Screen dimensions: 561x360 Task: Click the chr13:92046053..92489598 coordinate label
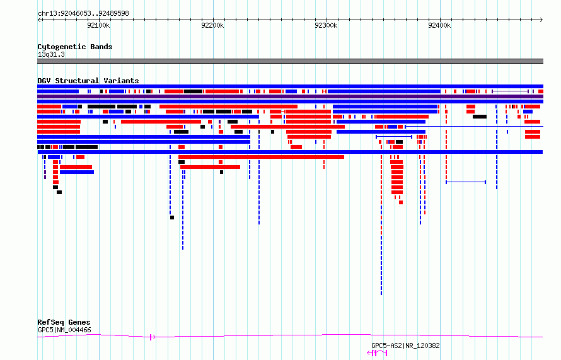coord(83,14)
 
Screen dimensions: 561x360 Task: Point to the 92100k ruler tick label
coord(98,25)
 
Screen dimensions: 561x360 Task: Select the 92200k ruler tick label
coord(212,25)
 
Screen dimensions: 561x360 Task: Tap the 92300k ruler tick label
coord(326,25)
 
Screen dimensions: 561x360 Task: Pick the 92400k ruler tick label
coord(439,25)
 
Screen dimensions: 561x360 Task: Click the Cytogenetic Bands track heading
coord(75,47)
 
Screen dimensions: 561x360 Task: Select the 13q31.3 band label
coord(51,54)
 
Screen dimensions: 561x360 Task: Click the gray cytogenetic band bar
coord(290,61)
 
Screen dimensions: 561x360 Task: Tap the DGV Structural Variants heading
coord(88,81)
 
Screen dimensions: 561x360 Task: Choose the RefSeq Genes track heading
coord(64,322)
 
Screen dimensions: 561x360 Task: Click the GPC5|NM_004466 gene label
coord(64,330)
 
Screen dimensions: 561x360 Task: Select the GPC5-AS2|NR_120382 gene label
coord(405,345)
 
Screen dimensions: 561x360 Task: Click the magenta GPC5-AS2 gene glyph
coord(377,353)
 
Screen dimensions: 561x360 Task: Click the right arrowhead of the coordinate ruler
coord(541,20)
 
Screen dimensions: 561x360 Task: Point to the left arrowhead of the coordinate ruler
coord(39,20)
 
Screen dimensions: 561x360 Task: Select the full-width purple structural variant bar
coord(290,96)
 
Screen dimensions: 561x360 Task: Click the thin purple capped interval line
coord(510,91)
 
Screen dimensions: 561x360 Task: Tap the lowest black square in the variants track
coord(172,218)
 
